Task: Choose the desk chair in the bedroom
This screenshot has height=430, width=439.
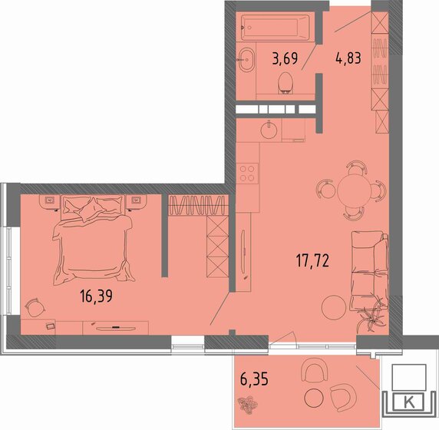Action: pyautogui.click(x=35, y=308)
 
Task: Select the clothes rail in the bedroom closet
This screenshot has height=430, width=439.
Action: pyautogui.click(x=196, y=204)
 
